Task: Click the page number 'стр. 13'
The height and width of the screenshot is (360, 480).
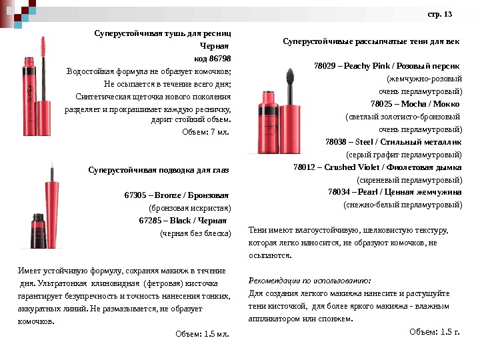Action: pyautogui.click(x=439, y=14)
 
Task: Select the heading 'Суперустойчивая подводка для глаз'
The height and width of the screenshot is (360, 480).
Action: pyautogui.click(x=159, y=170)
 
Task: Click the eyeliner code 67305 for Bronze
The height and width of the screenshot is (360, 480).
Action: pyautogui.click(x=136, y=195)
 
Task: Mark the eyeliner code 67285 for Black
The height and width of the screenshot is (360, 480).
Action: pyautogui.click(x=150, y=221)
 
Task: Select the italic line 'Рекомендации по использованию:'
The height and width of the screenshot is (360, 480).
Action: pyautogui.click(x=309, y=281)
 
